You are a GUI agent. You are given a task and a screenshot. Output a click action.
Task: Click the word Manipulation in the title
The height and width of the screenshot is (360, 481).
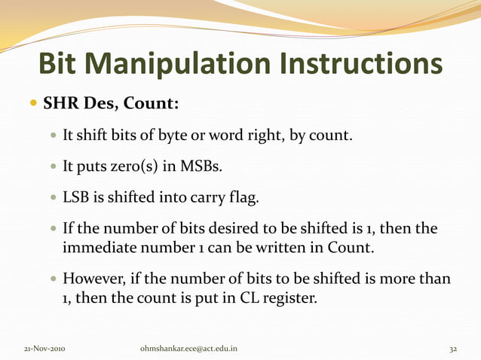coord(187,65)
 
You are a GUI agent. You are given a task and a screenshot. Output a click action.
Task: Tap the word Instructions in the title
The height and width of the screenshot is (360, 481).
coord(365,65)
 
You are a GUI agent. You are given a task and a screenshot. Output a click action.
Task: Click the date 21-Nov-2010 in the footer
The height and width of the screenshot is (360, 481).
coord(45,349)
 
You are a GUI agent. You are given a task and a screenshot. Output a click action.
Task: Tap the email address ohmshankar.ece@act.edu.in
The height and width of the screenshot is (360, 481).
coord(189,349)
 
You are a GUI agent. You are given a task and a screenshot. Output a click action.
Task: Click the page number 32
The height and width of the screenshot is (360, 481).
coord(453,349)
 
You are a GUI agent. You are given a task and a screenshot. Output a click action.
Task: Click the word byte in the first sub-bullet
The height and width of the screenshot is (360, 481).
coord(170,137)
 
